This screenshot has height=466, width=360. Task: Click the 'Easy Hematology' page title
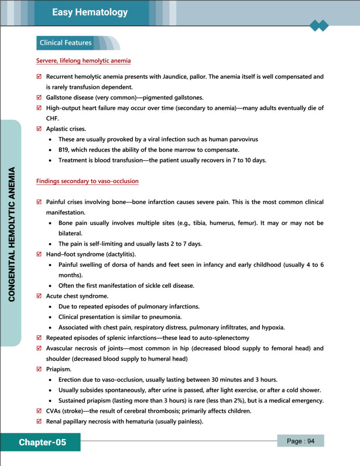point(90,12)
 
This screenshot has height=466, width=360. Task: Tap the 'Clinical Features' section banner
point(66,43)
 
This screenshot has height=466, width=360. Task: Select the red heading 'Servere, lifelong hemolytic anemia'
point(83,61)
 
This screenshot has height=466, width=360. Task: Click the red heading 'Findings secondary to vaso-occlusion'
point(87,181)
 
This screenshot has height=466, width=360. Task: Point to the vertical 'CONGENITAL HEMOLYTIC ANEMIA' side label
point(12,234)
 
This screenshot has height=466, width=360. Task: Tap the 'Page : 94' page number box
point(300,441)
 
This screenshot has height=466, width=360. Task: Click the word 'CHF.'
point(53,118)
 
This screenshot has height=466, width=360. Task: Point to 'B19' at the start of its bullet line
point(64,150)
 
